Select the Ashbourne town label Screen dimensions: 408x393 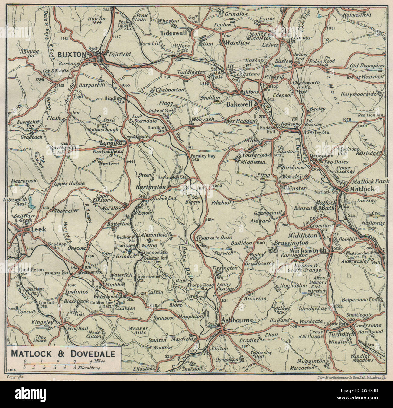[x=237, y=320]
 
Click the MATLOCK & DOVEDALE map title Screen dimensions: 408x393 [x=63, y=353]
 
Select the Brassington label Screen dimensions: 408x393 [x=291, y=243]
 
